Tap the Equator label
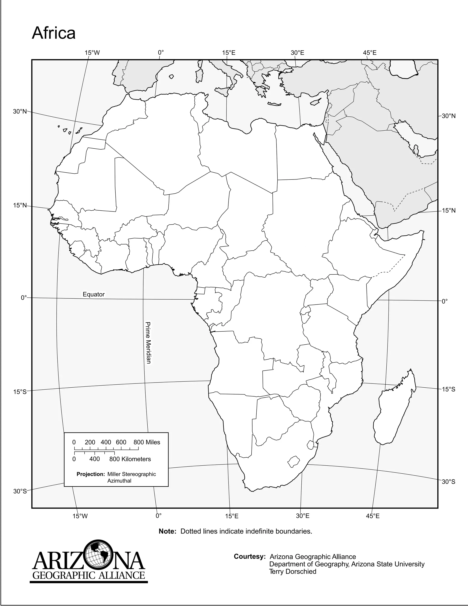pos(94,294)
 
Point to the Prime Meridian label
pos(148,343)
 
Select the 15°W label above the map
pos(92,53)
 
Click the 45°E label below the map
pos(372,516)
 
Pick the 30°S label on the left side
pos(20,491)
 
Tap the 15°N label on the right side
pos(448,211)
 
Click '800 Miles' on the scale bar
pos(147,442)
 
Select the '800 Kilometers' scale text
pos(130,459)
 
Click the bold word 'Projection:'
pos(91,474)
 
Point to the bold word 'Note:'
pos(168,531)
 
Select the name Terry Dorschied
pos(292,572)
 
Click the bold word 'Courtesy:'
pos(250,557)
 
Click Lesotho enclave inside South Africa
pos(294,461)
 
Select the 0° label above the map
pos(161,53)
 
